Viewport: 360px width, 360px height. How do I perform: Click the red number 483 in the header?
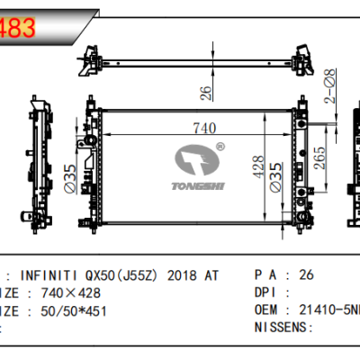[x=18, y=28]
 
